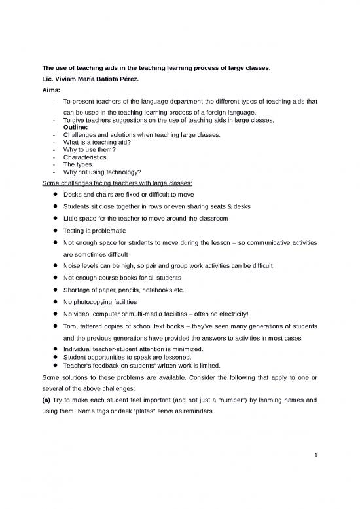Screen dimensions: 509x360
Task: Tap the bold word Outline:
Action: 78,128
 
